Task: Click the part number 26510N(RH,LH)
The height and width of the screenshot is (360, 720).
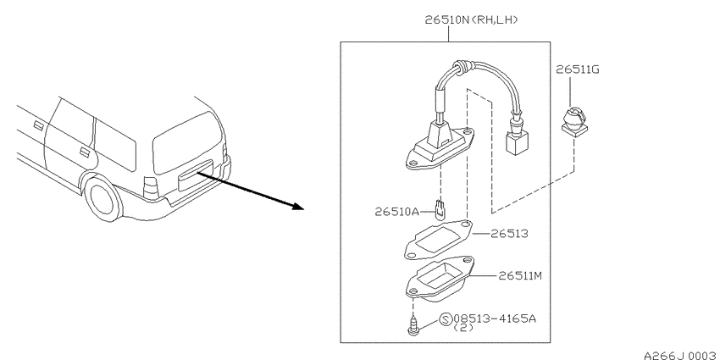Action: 471,19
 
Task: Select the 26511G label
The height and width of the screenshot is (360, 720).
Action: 577,69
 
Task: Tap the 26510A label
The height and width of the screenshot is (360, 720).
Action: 397,212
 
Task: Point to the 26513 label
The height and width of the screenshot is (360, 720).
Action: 509,234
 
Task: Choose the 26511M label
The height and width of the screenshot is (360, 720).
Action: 520,275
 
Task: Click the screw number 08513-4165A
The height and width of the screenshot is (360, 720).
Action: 495,318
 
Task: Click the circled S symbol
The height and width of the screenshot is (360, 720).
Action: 446,319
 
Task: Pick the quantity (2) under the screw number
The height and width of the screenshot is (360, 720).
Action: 463,328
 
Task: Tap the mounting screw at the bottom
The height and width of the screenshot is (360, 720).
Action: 413,326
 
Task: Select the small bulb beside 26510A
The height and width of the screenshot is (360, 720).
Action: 440,209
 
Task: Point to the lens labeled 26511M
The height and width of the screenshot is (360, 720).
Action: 440,279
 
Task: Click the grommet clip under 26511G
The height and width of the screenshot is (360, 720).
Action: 574,121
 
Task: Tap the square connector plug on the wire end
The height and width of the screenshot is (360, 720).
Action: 517,143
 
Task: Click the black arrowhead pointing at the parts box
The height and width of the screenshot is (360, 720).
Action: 298,206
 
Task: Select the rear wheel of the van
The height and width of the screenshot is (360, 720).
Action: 102,198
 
